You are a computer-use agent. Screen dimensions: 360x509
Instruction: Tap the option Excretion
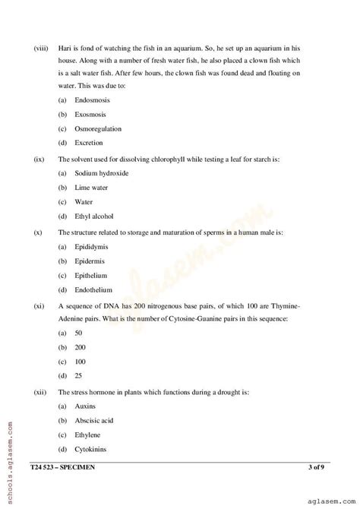click(x=88, y=143)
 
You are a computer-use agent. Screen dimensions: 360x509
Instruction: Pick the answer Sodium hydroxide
click(x=101, y=173)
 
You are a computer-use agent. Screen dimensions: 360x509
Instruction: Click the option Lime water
click(x=92, y=188)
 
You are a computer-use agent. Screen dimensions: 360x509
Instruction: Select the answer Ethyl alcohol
click(x=93, y=217)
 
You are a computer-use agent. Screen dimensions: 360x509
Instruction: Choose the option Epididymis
click(x=91, y=247)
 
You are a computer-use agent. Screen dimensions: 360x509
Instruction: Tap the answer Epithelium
click(x=90, y=276)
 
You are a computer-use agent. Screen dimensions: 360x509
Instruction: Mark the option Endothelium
click(x=93, y=290)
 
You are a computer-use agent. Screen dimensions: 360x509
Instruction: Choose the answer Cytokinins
click(x=90, y=450)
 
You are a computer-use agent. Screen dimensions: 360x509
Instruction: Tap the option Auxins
click(x=85, y=406)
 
